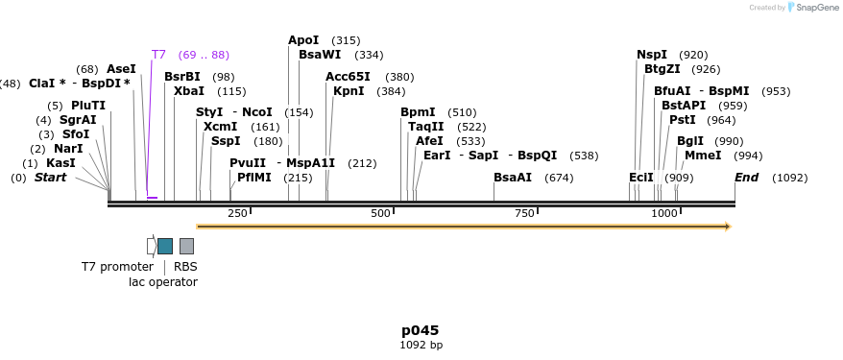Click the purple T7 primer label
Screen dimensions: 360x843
point(158,55)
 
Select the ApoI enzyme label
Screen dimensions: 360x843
point(303,40)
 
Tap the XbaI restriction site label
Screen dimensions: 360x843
point(189,91)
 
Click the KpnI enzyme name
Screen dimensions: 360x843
point(349,91)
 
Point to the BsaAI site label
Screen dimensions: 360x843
point(513,178)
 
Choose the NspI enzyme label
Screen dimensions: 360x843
point(652,55)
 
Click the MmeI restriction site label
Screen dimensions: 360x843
point(703,156)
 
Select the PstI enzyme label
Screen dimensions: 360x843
point(683,120)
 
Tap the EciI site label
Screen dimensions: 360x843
point(641,178)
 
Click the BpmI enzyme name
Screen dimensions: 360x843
point(418,112)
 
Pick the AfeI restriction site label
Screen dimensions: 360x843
point(429,141)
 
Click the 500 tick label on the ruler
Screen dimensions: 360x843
point(380,213)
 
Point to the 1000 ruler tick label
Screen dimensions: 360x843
point(663,213)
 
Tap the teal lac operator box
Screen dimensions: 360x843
point(165,246)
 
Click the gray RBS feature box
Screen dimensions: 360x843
point(186,246)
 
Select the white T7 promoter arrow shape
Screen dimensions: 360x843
point(151,246)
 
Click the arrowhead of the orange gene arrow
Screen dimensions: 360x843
point(728,227)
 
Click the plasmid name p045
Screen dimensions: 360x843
point(421,330)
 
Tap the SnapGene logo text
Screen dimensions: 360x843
point(812,8)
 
